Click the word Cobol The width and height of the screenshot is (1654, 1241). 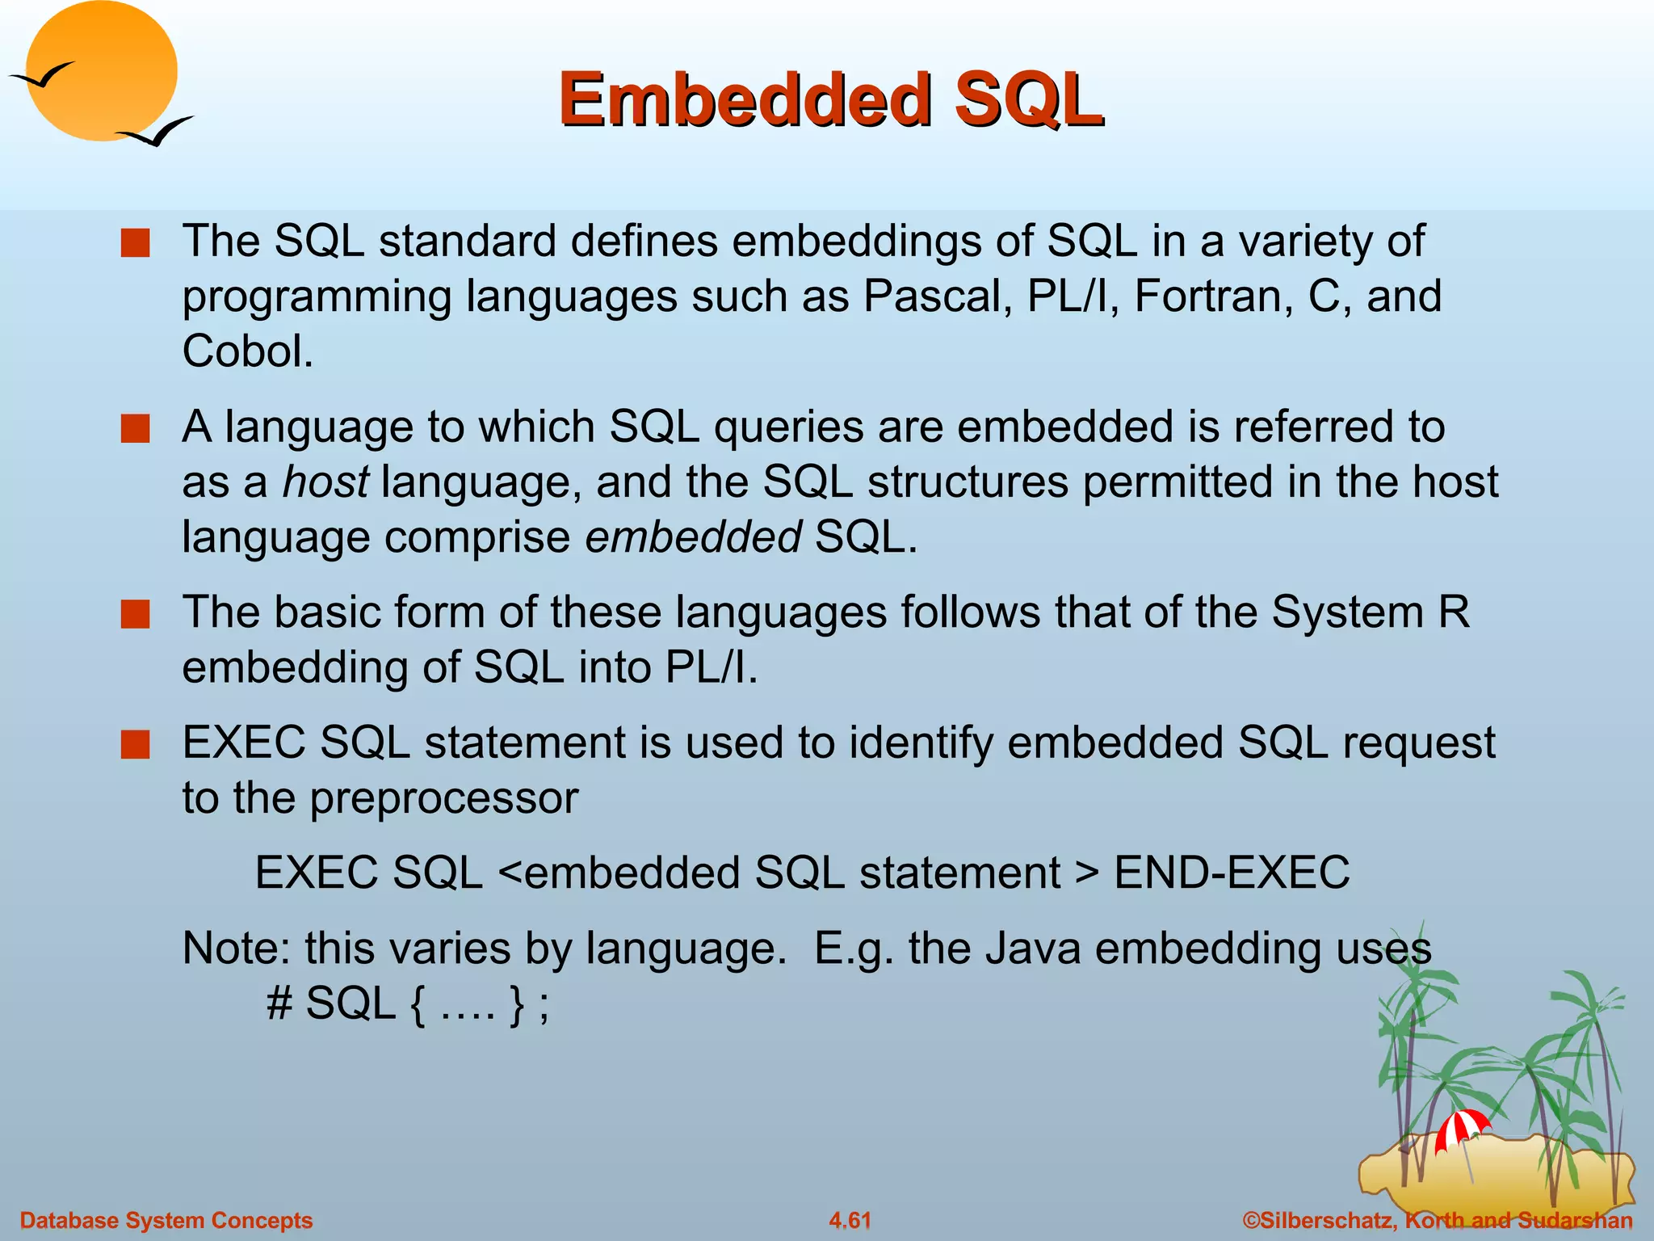[247, 351]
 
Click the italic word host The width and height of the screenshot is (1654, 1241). [325, 482]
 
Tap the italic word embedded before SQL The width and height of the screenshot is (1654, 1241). [693, 537]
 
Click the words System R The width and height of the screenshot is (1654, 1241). [1370, 612]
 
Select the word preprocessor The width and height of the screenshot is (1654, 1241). [444, 798]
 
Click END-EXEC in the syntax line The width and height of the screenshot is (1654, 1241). [1232, 873]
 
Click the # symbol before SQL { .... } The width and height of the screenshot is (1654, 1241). [279, 1004]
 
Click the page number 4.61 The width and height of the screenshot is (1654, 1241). [850, 1220]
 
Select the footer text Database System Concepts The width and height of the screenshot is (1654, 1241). [166, 1220]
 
